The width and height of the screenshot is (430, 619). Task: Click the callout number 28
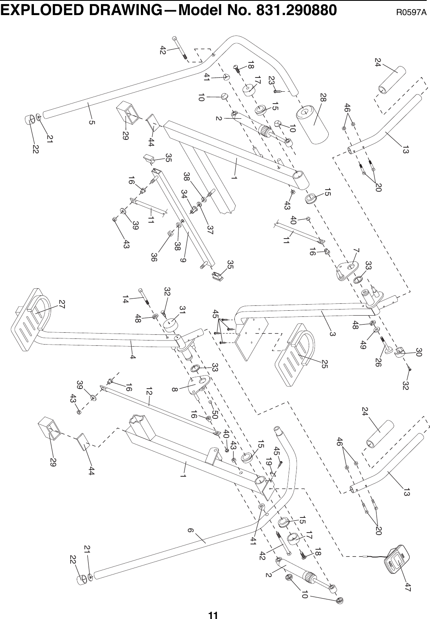pos(323,98)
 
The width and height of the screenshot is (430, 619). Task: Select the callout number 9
pos(183,258)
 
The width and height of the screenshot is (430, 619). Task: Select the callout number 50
pos(215,415)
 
